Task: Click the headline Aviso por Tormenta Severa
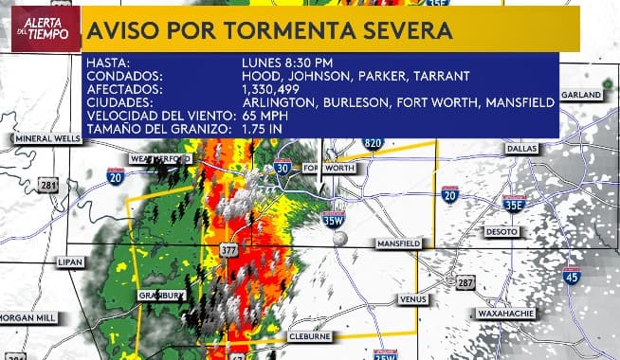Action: (270, 30)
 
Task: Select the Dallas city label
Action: (520, 149)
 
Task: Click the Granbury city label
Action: (159, 295)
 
